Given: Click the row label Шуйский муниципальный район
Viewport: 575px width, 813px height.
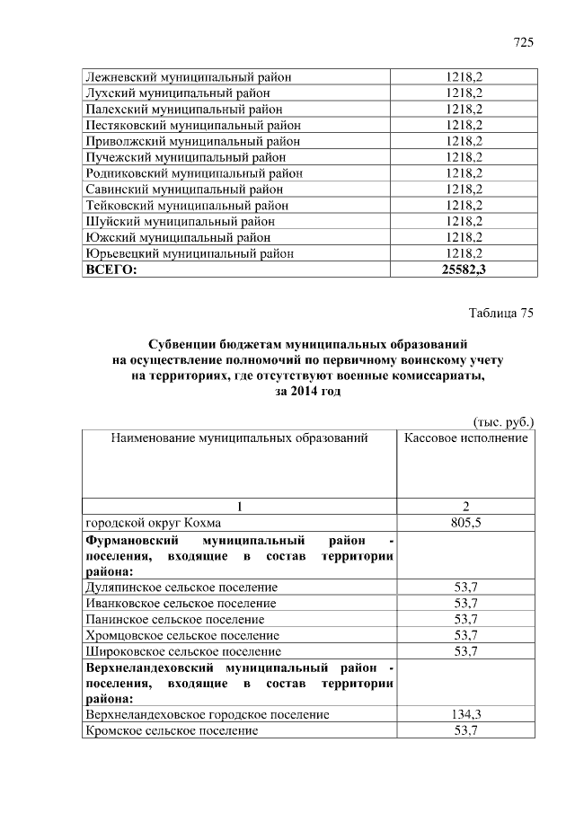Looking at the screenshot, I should [x=180, y=221].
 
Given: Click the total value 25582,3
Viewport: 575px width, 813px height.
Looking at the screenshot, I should [x=464, y=270].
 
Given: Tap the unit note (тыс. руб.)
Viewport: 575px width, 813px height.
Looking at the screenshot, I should [x=503, y=420].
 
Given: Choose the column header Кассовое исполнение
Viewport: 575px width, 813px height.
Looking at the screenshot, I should [x=465, y=437].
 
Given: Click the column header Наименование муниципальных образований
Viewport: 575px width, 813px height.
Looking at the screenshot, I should [x=240, y=437].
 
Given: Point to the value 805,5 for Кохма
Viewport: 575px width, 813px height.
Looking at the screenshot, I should [x=464, y=522].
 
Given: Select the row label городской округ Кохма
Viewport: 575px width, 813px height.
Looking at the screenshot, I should [x=153, y=522].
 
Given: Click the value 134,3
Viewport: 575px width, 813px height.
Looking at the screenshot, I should [x=464, y=714].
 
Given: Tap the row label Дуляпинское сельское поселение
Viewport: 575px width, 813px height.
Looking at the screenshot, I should [x=181, y=587].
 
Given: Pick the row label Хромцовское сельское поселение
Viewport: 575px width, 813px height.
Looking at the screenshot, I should [x=182, y=634].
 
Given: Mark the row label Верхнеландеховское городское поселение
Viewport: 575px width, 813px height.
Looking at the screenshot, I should [x=207, y=714].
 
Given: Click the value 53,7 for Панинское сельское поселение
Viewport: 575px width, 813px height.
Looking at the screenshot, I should [x=464, y=619].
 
